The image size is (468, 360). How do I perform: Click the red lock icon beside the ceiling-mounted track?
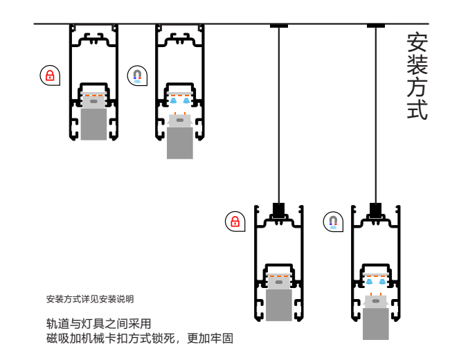point(49,75)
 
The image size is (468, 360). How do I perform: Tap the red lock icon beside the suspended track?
point(235,222)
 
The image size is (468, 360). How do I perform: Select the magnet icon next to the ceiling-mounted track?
point(137,75)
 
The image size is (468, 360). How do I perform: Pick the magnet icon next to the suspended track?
point(333,222)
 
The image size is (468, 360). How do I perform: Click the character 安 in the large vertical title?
point(417,43)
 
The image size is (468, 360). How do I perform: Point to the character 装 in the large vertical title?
point(417,65)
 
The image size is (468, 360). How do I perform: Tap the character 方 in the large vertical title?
point(417,87)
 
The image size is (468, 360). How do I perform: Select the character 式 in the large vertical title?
point(417,109)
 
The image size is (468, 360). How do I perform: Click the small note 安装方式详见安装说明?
point(90,300)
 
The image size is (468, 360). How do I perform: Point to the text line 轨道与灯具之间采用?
point(98,323)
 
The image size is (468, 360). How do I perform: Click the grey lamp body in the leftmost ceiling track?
point(93,123)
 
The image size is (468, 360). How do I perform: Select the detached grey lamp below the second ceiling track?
point(180,142)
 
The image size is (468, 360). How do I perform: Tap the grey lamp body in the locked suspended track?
point(279,305)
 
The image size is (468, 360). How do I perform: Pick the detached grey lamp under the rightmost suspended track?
point(376,323)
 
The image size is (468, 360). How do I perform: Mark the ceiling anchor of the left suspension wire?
point(279,26)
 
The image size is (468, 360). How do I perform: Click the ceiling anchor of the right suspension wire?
point(376,26)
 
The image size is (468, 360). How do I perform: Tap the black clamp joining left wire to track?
point(279,209)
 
